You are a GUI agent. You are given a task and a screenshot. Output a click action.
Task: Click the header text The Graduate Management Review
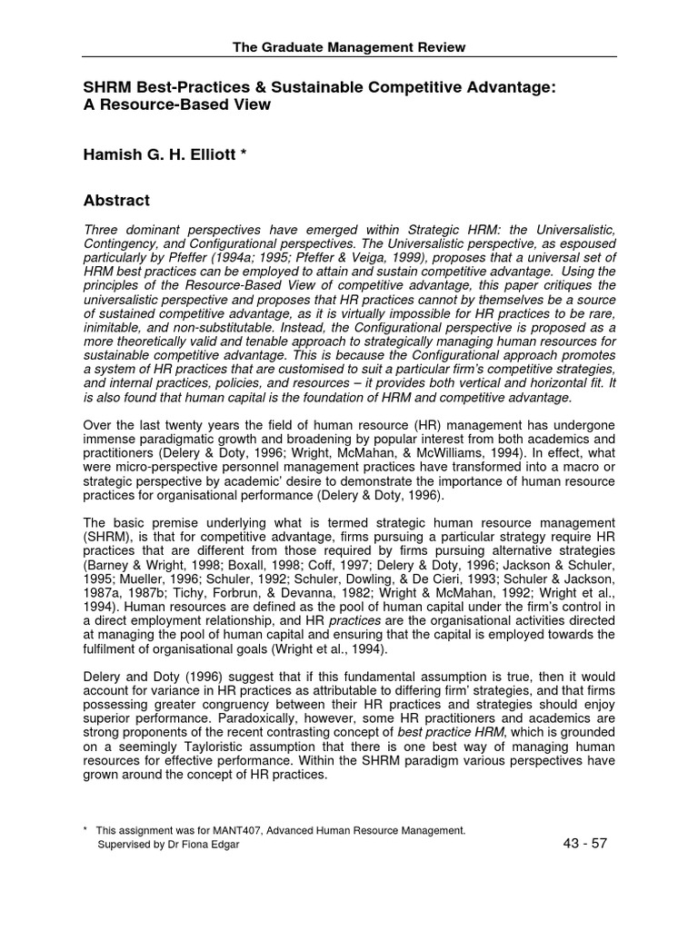coord(349,45)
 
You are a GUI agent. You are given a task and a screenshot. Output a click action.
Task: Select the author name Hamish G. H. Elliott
coord(160,155)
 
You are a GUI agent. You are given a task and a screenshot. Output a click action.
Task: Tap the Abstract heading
coord(116,200)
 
